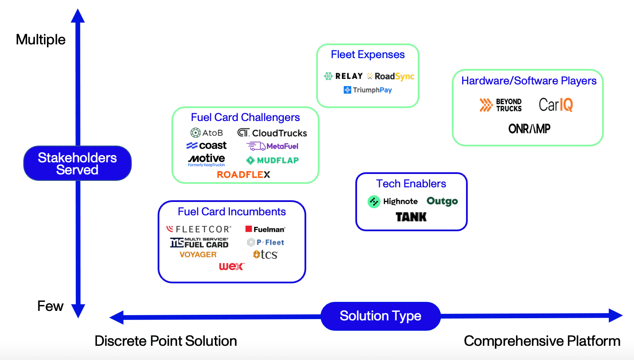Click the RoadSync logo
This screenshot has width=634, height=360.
point(391,76)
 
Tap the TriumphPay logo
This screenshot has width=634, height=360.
point(368,90)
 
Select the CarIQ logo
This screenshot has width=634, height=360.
point(556,105)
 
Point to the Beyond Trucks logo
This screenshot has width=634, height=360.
point(500,105)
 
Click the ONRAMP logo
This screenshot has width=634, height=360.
point(529,129)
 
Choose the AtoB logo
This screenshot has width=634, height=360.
point(207,133)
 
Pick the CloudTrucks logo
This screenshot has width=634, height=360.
point(272,133)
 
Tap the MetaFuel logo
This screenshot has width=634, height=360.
point(273,146)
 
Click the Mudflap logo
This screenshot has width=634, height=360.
point(272,160)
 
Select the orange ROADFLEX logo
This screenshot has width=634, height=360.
point(243,174)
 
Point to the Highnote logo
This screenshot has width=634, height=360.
point(393,201)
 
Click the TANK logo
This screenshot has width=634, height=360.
point(411,217)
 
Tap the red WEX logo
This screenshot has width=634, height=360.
point(231,267)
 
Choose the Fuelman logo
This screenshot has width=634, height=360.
point(265,229)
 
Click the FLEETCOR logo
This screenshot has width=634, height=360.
point(199,229)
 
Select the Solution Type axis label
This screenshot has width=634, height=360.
point(380,316)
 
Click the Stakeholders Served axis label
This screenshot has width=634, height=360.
point(78,164)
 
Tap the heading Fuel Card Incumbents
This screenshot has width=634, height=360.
point(232,211)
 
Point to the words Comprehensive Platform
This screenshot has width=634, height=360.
point(542,341)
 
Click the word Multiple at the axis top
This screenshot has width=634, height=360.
point(41,40)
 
